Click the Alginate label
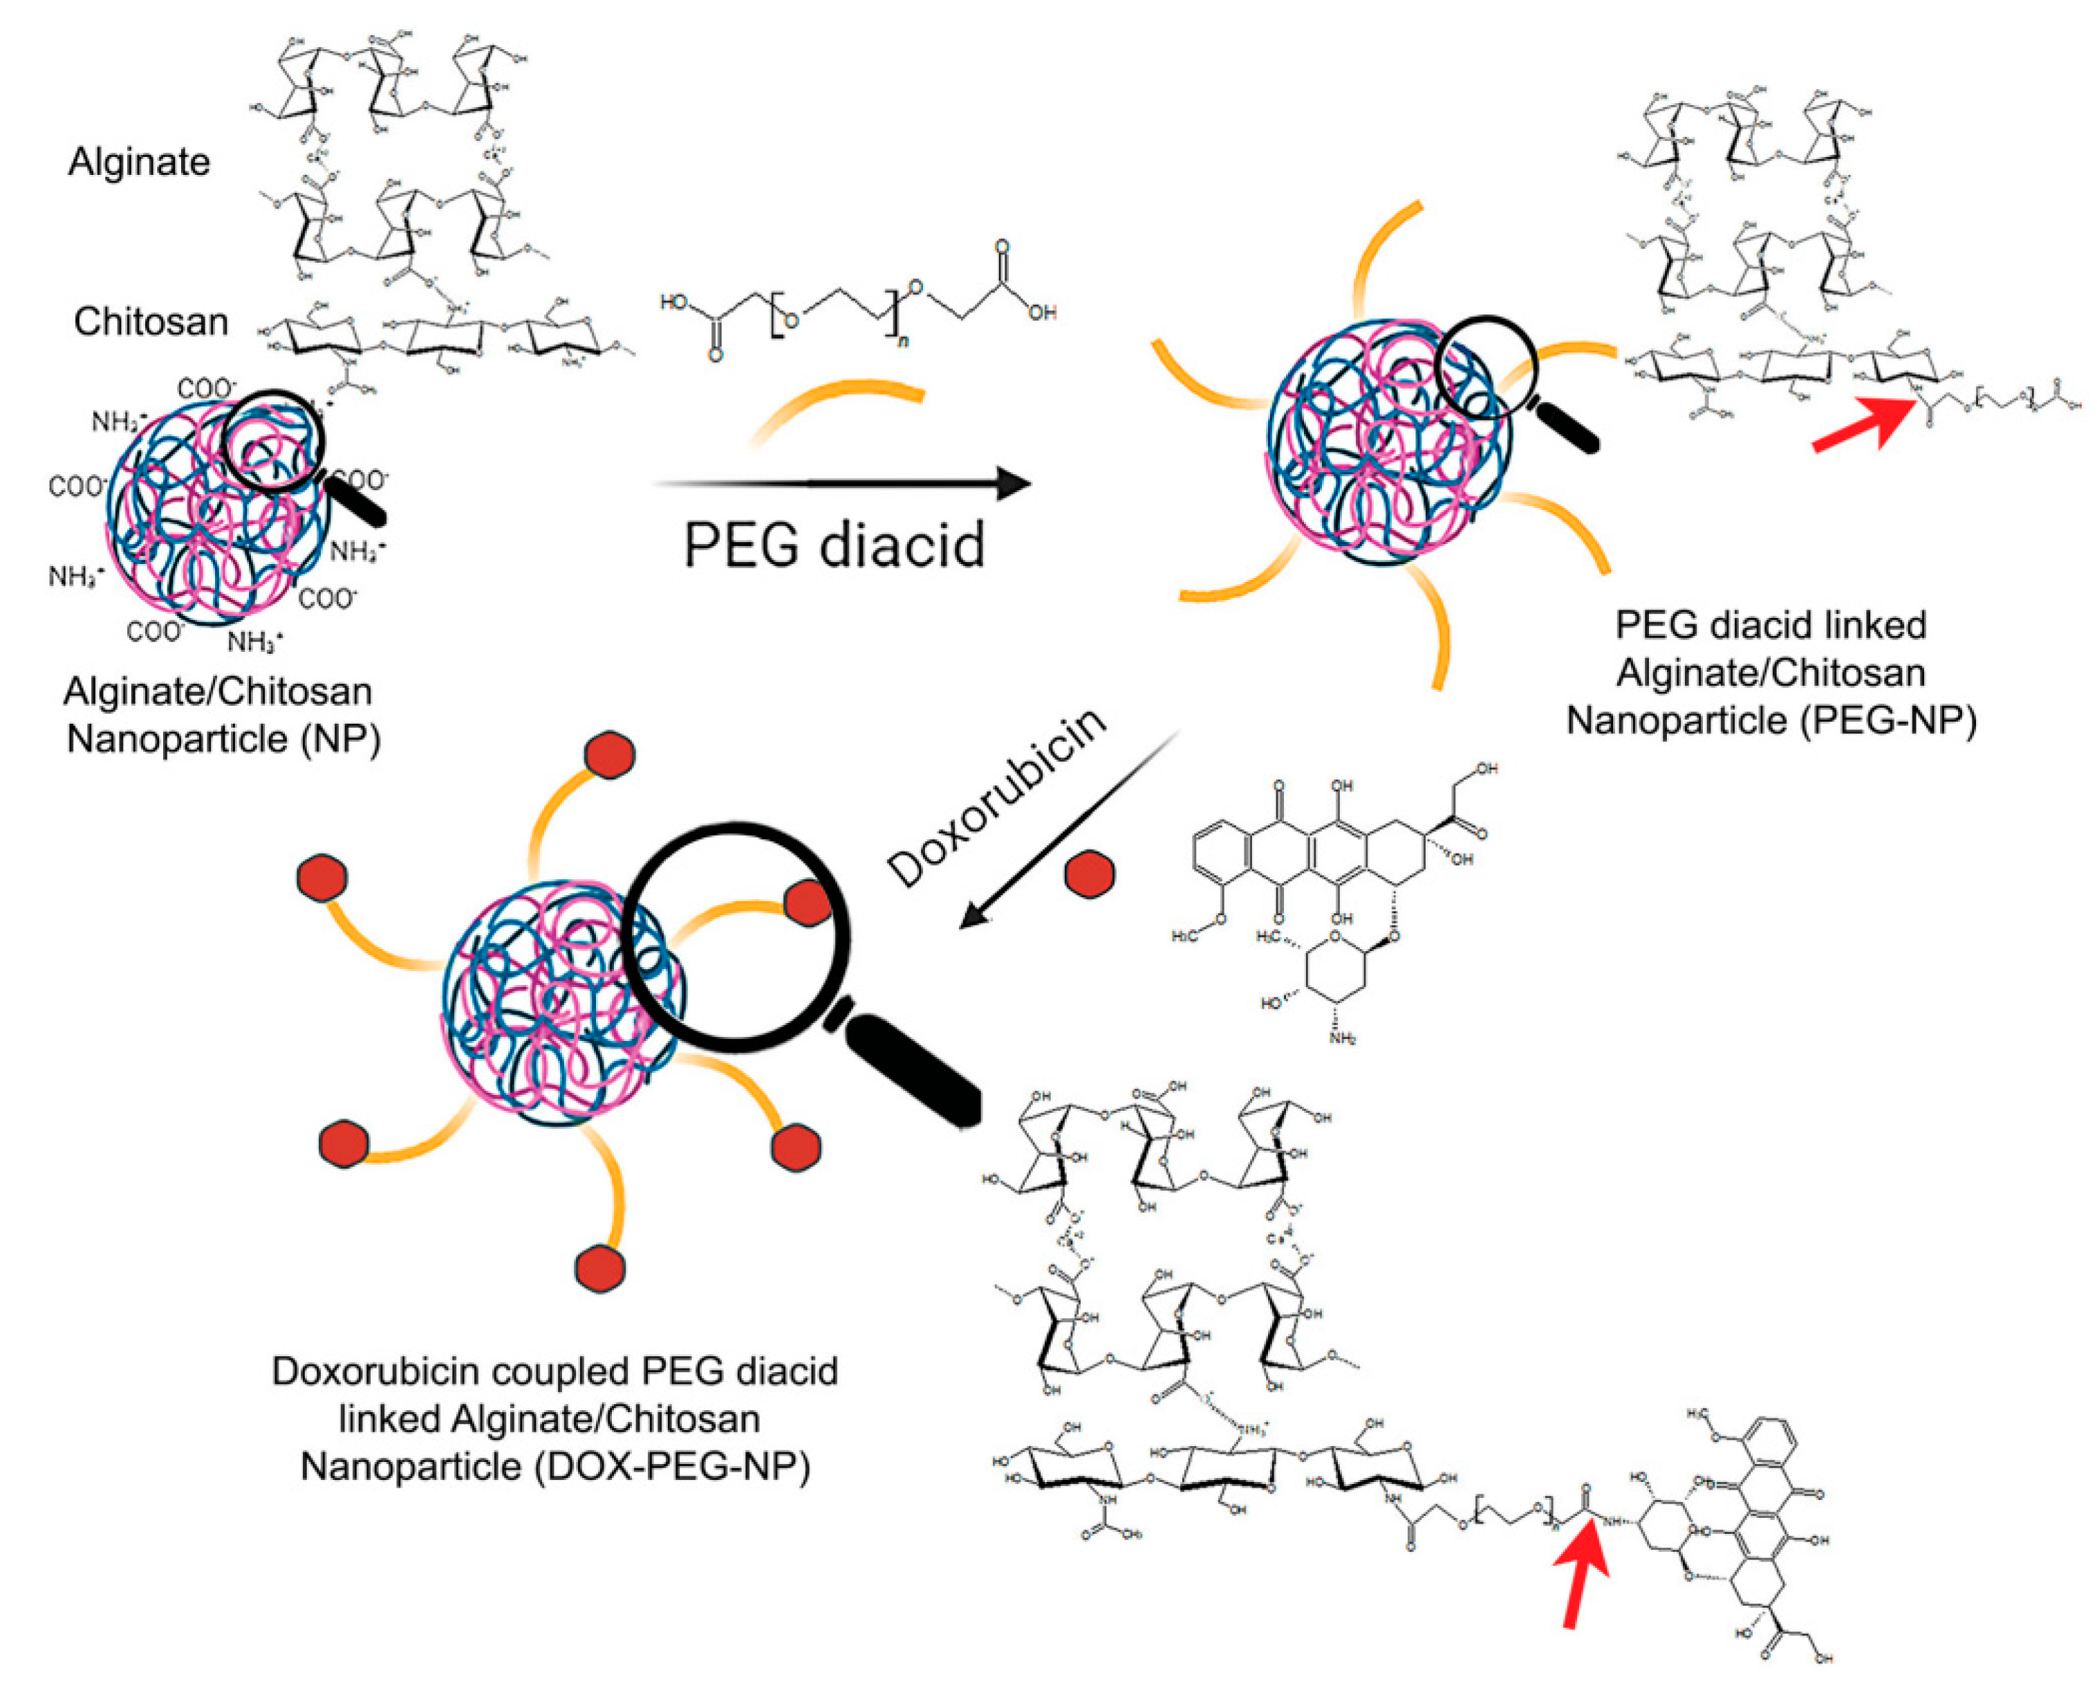click(x=139, y=161)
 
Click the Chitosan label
click(x=151, y=321)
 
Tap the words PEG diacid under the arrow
click(x=833, y=545)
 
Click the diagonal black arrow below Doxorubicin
click(x=1065, y=831)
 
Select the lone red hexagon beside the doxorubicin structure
click(x=1088, y=873)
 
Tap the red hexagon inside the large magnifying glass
click(x=808, y=901)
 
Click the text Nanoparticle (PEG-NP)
click(x=1771, y=720)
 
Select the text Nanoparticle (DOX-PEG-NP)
click(x=554, y=1465)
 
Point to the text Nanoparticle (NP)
click(x=223, y=738)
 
